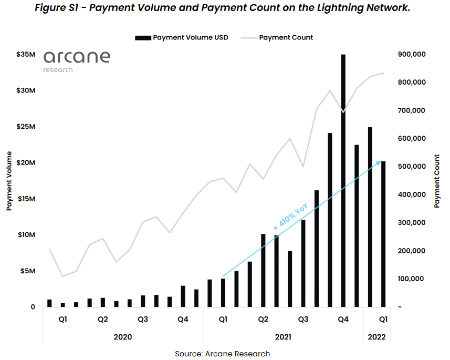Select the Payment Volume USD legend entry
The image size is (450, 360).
pos(182,38)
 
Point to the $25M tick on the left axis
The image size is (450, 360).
pos(26,127)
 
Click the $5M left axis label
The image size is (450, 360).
pos(26,271)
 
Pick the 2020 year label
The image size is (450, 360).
pos(123,336)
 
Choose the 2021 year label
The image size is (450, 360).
pos(283,336)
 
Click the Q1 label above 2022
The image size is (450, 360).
pos(384,319)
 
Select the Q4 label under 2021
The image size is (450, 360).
pos(343,319)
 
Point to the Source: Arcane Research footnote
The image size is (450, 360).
pos(223,354)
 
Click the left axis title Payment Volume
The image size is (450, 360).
pos(9,180)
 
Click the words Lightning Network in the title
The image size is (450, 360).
pos(362,9)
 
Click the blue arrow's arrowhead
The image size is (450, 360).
pos(379,162)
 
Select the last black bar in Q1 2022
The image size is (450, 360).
pos(384,234)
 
